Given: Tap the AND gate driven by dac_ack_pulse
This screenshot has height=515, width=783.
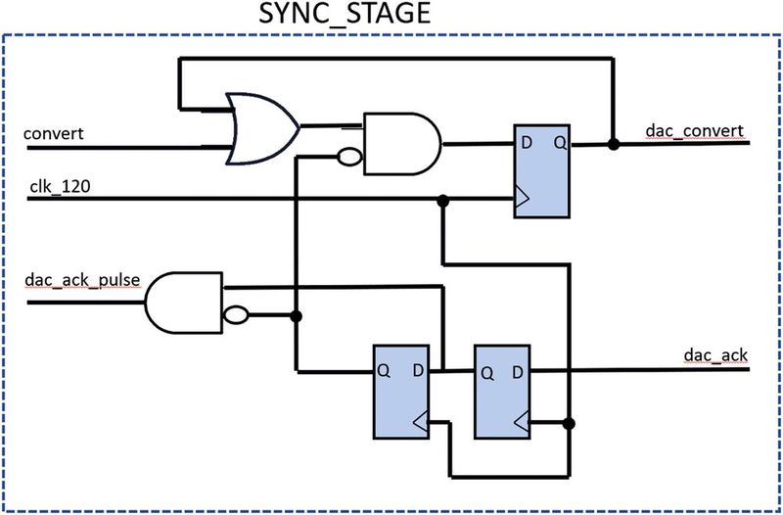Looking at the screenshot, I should click(184, 301).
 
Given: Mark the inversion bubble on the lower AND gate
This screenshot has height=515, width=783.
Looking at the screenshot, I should click(234, 315).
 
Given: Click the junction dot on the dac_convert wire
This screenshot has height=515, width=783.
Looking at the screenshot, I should click(613, 144).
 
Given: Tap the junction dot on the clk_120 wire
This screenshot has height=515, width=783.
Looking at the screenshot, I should click(443, 200).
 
